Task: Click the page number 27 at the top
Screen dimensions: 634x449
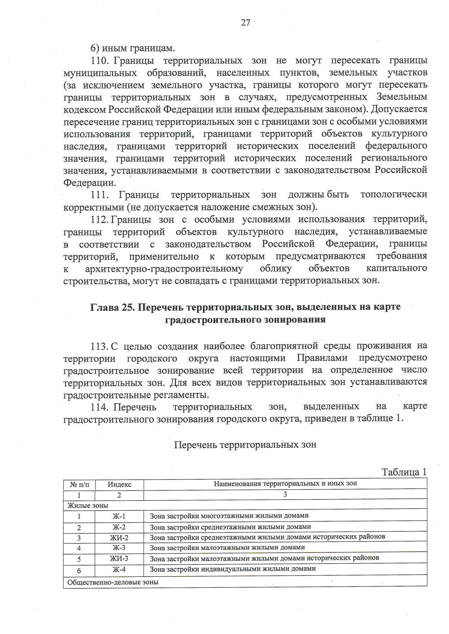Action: [x=245, y=23]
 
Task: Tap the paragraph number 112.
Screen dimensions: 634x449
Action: [x=100, y=220]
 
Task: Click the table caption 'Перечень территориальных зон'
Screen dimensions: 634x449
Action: [x=245, y=445]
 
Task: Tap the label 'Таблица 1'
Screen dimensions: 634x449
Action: [x=404, y=472]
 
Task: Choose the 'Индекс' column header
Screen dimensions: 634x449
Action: [x=119, y=485]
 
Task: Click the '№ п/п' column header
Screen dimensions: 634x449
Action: [x=80, y=485]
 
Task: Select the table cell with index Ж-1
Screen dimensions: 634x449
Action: [x=119, y=516]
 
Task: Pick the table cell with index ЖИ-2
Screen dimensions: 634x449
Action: [x=119, y=538]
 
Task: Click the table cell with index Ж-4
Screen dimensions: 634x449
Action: [x=119, y=570]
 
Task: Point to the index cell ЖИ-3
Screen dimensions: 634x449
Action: [x=119, y=559]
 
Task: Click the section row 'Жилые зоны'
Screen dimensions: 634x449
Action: [x=88, y=505]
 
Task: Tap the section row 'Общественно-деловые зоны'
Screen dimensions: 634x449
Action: [x=113, y=582]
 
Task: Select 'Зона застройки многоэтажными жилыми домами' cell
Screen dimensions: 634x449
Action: [x=229, y=516]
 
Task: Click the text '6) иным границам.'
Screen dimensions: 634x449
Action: [x=132, y=48]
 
